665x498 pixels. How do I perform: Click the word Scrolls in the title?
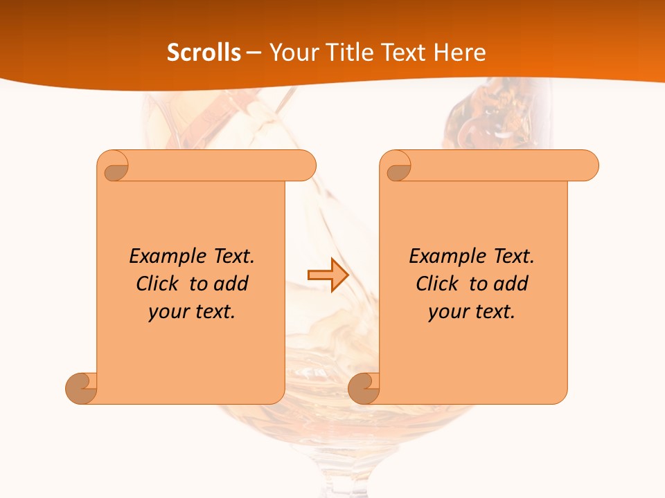[x=204, y=53]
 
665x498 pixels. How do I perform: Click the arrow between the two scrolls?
[x=328, y=275]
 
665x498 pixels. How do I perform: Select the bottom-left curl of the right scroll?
[x=363, y=387]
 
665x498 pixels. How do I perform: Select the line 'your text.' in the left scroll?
[x=192, y=312]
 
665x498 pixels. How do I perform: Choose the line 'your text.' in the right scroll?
[x=472, y=312]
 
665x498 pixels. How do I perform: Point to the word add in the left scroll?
[x=231, y=284]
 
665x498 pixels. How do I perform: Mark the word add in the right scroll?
[x=511, y=284]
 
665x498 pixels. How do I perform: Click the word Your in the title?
[x=291, y=53]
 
